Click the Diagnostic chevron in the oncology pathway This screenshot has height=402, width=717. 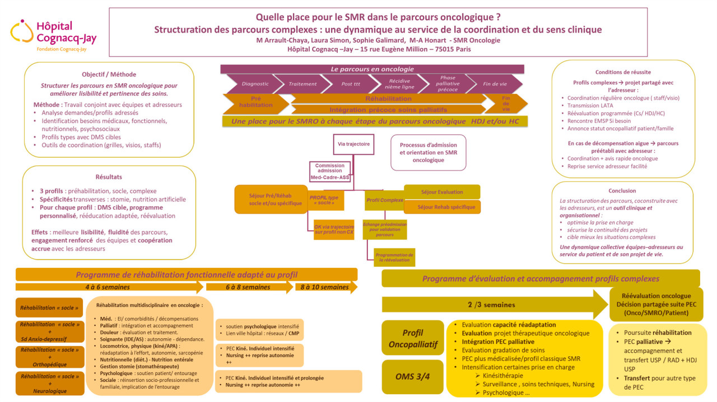tap(255, 84)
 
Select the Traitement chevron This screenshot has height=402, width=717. tap(302, 84)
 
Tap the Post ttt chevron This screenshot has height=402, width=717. tap(351, 84)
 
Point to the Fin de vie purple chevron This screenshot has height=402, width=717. tap(495, 84)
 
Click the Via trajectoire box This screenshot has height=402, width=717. tap(353, 144)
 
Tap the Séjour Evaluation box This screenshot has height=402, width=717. tap(442, 192)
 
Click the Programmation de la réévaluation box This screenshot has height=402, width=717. tap(394, 257)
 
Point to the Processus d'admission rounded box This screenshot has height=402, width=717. tap(428, 152)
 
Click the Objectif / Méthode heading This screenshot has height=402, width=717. tap(109, 74)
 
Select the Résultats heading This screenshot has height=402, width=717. tap(109, 177)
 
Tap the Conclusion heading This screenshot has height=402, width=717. tap(622, 191)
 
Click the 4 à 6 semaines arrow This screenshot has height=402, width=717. tap(108, 287)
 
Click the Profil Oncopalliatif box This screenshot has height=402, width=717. tap(412, 338)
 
